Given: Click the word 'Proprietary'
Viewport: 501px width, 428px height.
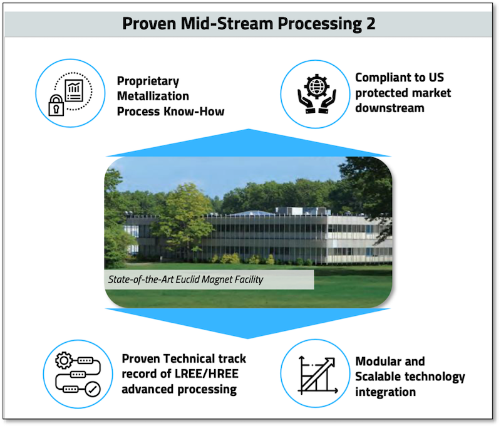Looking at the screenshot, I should click(148, 81).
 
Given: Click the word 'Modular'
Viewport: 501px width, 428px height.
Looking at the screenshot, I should click(381, 362).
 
